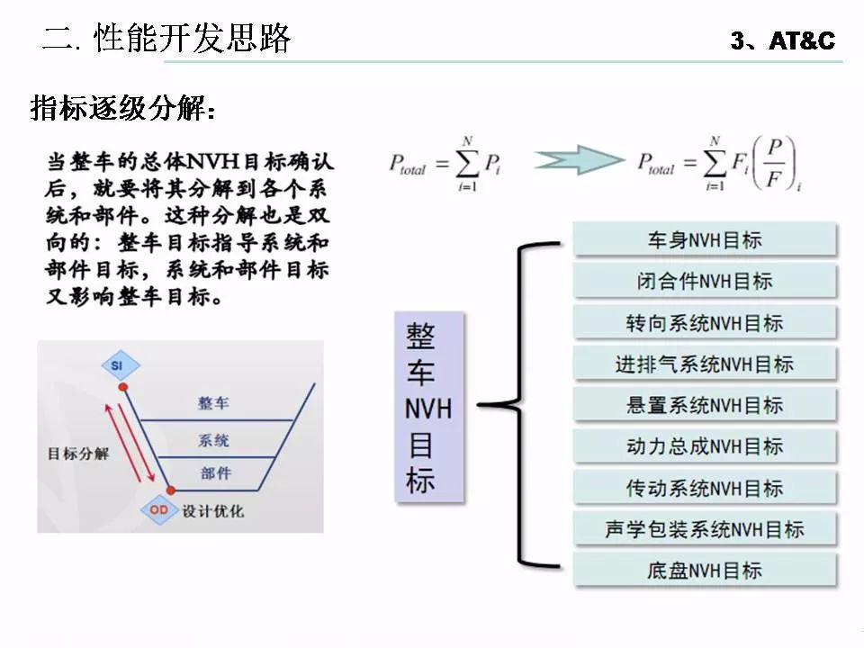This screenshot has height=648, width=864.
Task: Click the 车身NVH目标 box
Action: tap(705, 240)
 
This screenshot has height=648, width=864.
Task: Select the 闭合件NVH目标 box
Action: tap(705, 282)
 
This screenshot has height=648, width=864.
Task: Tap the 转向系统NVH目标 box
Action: tap(705, 323)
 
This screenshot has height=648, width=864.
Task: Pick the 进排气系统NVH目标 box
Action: tap(705, 364)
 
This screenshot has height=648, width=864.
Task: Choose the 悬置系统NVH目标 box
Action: tap(705, 406)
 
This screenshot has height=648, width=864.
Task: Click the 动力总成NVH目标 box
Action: tap(705, 446)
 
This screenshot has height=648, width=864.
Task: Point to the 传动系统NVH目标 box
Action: tap(705, 488)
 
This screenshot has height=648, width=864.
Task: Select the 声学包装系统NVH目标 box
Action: tap(705, 529)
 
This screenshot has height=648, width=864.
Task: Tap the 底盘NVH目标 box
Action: tap(705, 570)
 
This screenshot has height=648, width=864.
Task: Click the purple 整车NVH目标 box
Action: tap(429, 407)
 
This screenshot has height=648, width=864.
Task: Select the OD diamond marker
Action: tap(158, 510)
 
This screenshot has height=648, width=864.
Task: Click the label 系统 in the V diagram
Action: tap(213, 440)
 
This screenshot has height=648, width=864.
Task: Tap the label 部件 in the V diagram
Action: tap(215, 473)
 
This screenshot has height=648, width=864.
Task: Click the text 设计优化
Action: tap(213, 511)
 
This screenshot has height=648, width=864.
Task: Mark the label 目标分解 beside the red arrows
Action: tap(78, 453)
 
